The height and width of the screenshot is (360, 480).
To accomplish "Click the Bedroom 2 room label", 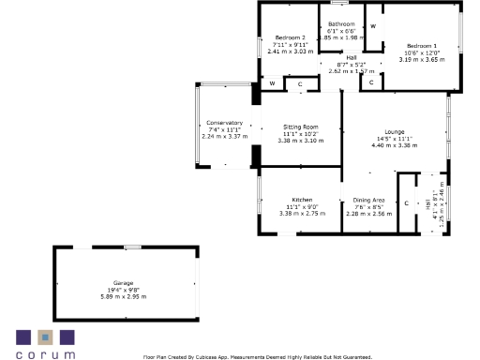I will point(290,37).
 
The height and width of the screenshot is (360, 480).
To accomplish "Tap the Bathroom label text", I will point(340,23).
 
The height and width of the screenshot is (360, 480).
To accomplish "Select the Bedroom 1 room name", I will point(421,45).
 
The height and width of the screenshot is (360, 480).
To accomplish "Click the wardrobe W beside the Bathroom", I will point(372,25).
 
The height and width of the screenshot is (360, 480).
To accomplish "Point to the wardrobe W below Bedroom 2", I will point(272,83).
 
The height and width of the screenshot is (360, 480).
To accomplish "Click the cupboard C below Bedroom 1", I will point(371,82).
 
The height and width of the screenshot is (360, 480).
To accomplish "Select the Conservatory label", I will point(224,123).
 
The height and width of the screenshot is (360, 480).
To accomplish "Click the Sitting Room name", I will point(301,127).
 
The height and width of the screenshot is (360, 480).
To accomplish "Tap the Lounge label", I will point(394,131).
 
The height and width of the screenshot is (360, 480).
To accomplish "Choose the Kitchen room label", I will point(301,200).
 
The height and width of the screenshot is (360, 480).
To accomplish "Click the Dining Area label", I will point(367,200).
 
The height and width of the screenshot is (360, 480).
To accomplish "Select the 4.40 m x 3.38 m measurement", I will point(394,145).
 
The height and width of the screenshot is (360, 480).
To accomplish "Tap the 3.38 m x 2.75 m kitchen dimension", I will point(301,213).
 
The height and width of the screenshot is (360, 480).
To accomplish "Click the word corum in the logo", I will point(45,353).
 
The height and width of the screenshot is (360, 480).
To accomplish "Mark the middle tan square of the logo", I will point(45,337).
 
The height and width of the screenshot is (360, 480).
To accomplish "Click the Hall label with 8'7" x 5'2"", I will point(352,57).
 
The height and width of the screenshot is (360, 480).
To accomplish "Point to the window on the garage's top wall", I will point(132,247).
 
